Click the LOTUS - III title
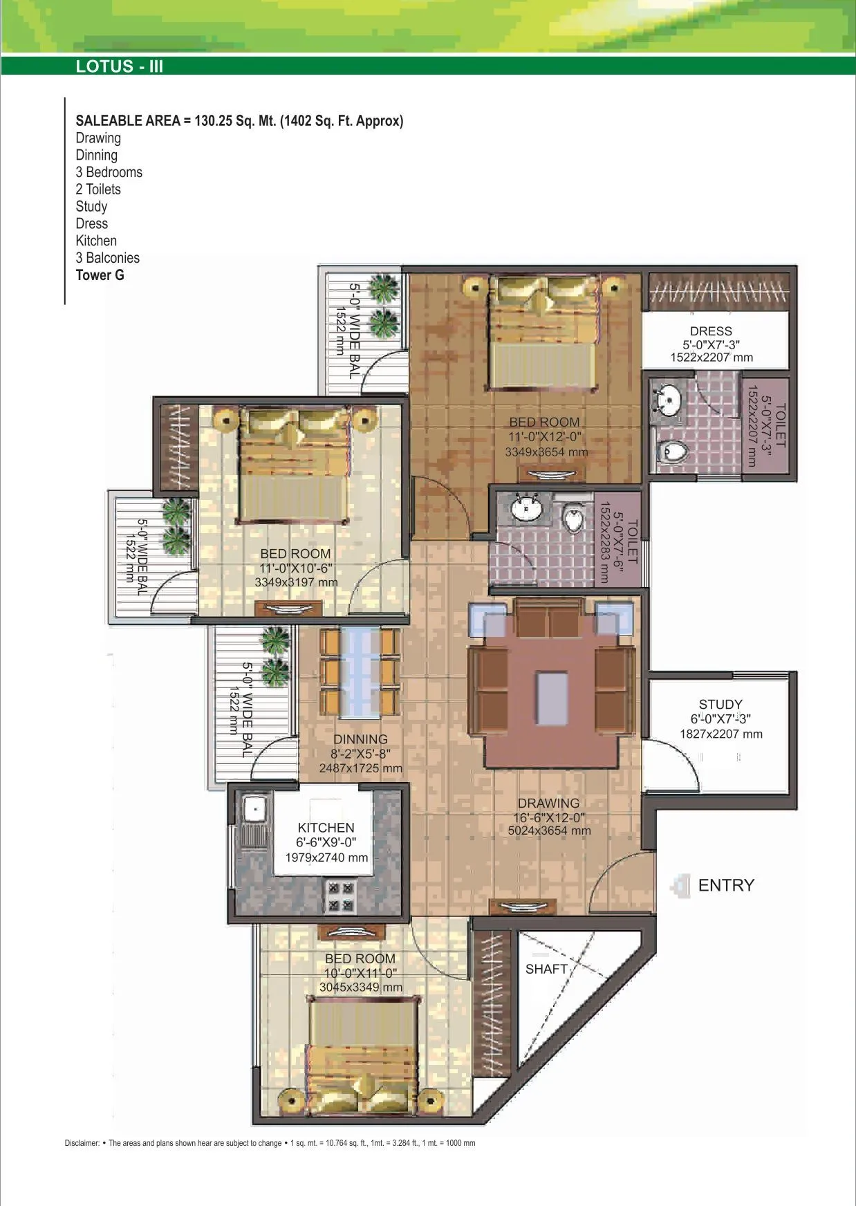(120, 66)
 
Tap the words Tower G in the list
(100, 275)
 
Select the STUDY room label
(720, 705)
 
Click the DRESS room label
(711, 331)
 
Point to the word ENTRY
(726, 885)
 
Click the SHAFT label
(546, 969)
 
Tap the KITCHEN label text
(326, 828)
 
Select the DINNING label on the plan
(360, 739)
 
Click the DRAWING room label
(548, 803)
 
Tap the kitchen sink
(254, 809)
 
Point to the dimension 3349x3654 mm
(546, 452)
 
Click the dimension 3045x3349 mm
(360, 987)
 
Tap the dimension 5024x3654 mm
(549, 831)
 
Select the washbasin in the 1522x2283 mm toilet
(526, 510)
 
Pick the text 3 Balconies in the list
(107, 258)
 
